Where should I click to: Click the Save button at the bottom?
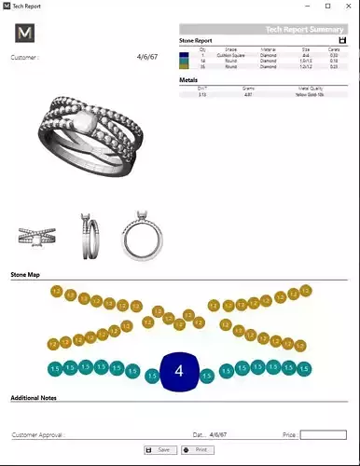[x=161, y=450]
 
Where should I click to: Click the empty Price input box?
[x=323, y=434]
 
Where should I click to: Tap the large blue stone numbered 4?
[x=178, y=372]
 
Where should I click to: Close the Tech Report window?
[x=345, y=7]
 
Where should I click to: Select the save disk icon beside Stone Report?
[x=342, y=40]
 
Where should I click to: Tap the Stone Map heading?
[x=25, y=276]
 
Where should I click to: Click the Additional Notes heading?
[x=36, y=398]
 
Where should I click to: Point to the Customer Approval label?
[x=38, y=435]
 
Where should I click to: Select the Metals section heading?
[x=188, y=79]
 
